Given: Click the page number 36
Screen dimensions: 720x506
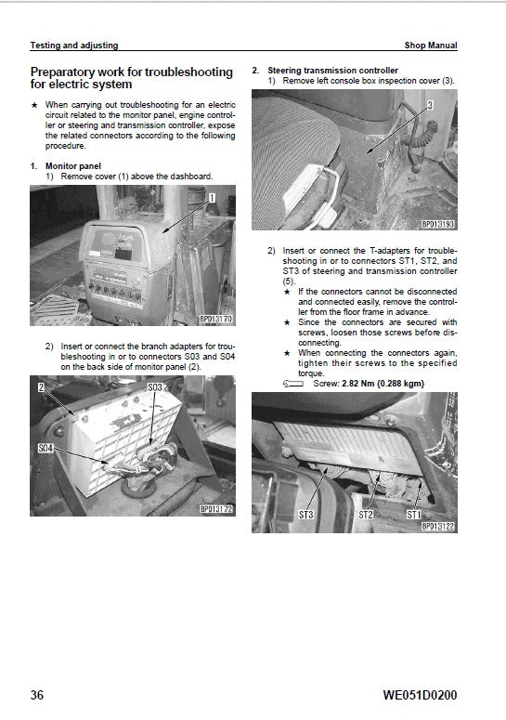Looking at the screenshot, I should [x=38, y=694].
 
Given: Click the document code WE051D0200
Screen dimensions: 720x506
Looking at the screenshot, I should [x=419, y=694].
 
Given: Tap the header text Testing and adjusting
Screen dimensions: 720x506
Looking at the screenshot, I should [x=74, y=46].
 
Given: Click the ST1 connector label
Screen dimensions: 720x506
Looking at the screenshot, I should [x=414, y=514].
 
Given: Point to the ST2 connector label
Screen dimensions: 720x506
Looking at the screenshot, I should [x=367, y=514].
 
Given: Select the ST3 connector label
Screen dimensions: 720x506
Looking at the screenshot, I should [x=305, y=514].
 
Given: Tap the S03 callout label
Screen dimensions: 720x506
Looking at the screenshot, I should [x=155, y=386].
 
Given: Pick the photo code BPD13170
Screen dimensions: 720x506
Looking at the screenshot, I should [x=217, y=320].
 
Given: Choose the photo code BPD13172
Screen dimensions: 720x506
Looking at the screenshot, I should [x=217, y=509].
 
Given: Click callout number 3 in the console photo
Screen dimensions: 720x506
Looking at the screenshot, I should [x=430, y=107].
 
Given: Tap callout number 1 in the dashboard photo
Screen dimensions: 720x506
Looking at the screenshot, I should [x=211, y=197].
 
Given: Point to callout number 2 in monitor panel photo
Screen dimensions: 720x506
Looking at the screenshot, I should [x=41, y=386].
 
